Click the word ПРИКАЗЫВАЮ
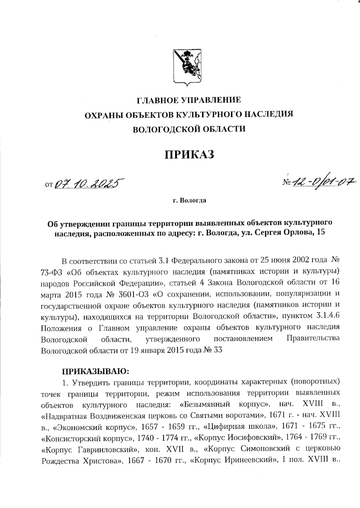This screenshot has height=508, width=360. coord(95,371)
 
